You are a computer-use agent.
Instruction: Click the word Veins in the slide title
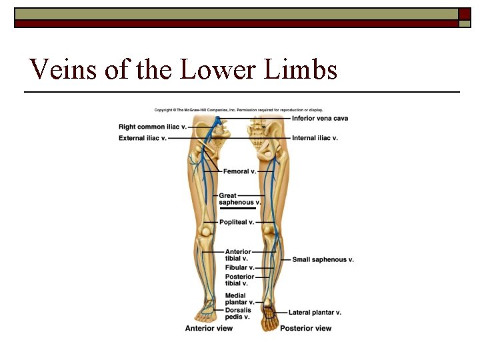(60, 69)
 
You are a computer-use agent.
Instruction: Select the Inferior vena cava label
(320, 119)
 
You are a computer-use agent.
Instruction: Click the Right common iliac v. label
(153, 127)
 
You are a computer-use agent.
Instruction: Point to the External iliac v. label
(143, 138)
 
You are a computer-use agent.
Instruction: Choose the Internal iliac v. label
(315, 138)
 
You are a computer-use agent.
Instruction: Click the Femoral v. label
(239, 171)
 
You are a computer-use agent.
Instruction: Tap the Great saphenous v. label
(239, 199)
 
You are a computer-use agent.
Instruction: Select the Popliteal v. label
(237, 222)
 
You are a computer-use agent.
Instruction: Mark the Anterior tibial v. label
(237, 255)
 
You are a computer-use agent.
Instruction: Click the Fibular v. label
(239, 267)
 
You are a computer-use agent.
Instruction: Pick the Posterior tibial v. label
(239, 279)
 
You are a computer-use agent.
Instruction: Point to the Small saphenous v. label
(323, 259)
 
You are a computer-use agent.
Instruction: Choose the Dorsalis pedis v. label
(238, 313)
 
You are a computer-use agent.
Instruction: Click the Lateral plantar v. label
(315, 312)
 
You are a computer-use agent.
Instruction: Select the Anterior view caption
(209, 328)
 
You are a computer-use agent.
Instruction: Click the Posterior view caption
(305, 328)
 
